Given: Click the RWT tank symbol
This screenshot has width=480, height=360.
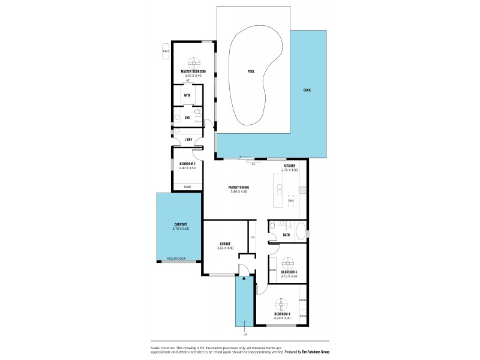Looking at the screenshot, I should (x=166, y=52).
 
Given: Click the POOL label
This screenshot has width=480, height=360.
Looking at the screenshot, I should (x=251, y=71).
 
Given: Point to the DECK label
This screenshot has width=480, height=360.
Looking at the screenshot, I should (x=307, y=91).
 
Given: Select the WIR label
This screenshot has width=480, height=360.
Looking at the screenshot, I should (x=187, y=95).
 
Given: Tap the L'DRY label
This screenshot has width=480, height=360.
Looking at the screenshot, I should (x=188, y=140).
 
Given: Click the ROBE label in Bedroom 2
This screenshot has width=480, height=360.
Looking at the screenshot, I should (x=187, y=187).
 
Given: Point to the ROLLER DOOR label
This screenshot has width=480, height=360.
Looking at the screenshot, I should (x=177, y=259).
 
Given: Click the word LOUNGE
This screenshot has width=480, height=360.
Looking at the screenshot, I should (x=225, y=244).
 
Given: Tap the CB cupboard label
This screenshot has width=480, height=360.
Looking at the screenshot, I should (x=253, y=238).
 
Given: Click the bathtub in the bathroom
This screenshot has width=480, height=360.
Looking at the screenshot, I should (x=299, y=227).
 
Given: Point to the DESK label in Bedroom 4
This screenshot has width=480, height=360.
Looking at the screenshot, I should (x=302, y=314).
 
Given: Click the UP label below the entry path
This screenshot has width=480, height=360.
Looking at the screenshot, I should (x=244, y=334).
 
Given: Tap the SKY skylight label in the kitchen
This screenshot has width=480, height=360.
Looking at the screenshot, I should (x=291, y=200).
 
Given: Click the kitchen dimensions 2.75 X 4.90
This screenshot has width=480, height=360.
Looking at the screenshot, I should (x=290, y=170).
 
